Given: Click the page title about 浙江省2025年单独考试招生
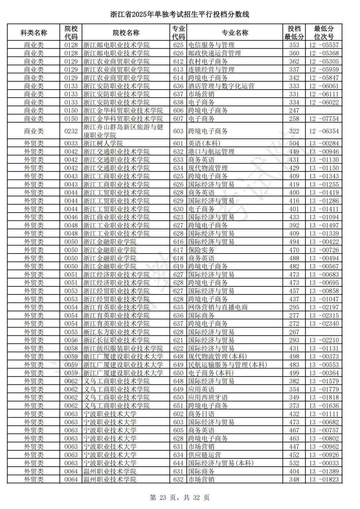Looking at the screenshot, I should [x=180, y=14].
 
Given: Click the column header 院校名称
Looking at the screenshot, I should [x=126, y=33].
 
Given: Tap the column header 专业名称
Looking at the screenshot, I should [x=235, y=33].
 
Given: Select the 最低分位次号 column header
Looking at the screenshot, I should [x=324, y=33].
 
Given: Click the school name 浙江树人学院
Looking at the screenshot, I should [x=103, y=143].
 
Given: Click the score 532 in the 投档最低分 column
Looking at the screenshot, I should [x=294, y=463].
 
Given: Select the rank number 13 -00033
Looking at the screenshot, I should [x=324, y=463].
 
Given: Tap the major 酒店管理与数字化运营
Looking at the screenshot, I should [x=221, y=86].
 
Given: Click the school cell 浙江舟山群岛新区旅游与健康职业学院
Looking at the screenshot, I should [x=123, y=131].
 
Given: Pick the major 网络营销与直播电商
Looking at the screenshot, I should [x=218, y=307].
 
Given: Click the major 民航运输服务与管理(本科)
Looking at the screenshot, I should [x=227, y=365].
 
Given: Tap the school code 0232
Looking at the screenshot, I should [x=71, y=131].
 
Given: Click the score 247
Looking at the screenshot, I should [x=294, y=111].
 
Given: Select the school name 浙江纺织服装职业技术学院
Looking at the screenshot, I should [x=123, y=348].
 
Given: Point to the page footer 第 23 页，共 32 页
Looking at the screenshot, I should [x=180, y=498].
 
